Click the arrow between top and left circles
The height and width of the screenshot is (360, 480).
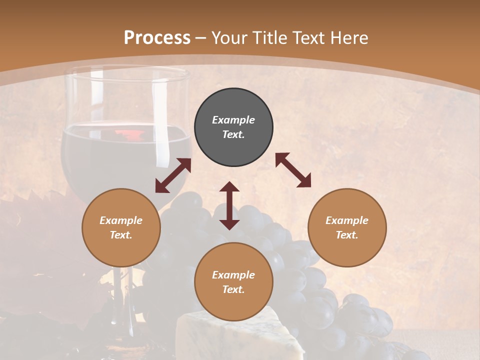(173, 175)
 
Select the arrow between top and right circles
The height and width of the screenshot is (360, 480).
(293, 170)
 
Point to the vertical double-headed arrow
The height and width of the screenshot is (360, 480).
(229, 205)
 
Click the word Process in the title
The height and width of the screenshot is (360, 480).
(157, 38)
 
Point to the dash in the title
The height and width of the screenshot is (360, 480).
(201, 38)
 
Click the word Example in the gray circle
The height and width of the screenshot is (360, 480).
(233, 120)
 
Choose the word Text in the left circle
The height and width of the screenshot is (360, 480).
(121, 235)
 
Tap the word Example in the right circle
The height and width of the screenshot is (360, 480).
(347, 220)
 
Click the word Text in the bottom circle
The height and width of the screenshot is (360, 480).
(233, 289)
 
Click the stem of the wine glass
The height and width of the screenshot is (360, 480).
(120, 295)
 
